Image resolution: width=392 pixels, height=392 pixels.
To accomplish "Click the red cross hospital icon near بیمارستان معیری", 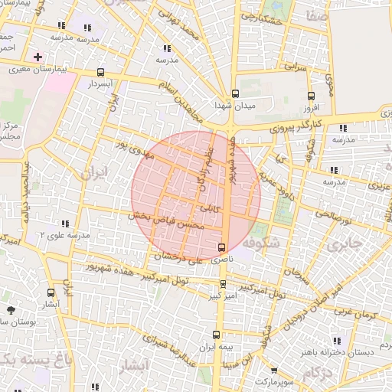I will pyautogui.click(x=38, y=57).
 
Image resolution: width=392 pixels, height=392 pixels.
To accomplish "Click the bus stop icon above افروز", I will pyautogui.click(x=310, y=96).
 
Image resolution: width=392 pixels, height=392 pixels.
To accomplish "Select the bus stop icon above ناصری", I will pyautogui.click(x=222, y=247).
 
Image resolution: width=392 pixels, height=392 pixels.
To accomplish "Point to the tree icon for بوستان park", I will pyautogui.click(x=11, y=310).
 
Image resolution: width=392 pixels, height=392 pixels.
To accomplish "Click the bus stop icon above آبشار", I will pyautogui.click(x=51, y=292).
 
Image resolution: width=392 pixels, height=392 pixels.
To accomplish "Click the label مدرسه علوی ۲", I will pyautogui.click(x=64, y=234).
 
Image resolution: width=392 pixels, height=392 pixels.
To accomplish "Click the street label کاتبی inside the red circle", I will pyautogui.click(x=210, y=207).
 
